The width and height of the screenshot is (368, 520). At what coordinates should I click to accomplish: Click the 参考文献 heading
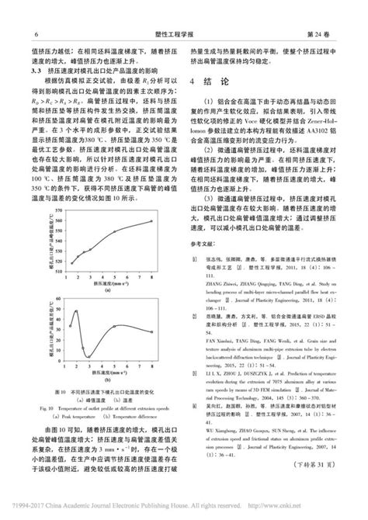[203, 265]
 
